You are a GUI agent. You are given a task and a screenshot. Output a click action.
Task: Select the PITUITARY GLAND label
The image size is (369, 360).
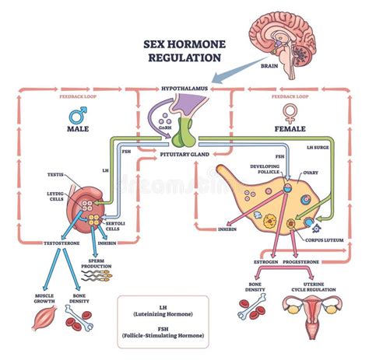click(x=184, y=156)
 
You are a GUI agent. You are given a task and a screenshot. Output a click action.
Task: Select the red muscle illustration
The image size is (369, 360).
click(x=44, y=317)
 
